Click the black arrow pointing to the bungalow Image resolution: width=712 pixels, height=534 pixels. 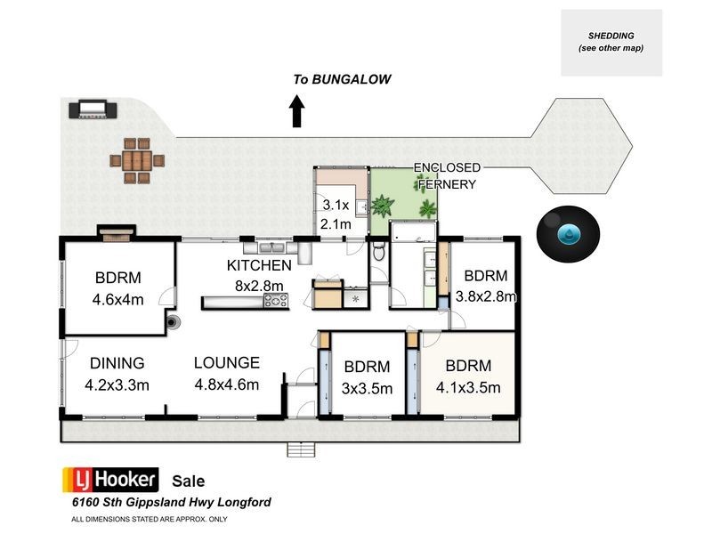297,112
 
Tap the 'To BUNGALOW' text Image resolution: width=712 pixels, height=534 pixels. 343,79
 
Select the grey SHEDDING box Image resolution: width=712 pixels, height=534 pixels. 611,42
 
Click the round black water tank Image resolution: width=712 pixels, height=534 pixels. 567,234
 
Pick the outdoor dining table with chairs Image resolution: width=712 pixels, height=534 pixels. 137,161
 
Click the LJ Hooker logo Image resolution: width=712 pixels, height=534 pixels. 109,478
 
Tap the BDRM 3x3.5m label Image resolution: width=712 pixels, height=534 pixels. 367,376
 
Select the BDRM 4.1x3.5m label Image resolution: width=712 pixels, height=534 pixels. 469,376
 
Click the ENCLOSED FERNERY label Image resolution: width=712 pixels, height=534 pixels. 447,175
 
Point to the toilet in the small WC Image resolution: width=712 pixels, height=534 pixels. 377,254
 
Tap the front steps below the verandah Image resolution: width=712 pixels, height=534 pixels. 301,450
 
